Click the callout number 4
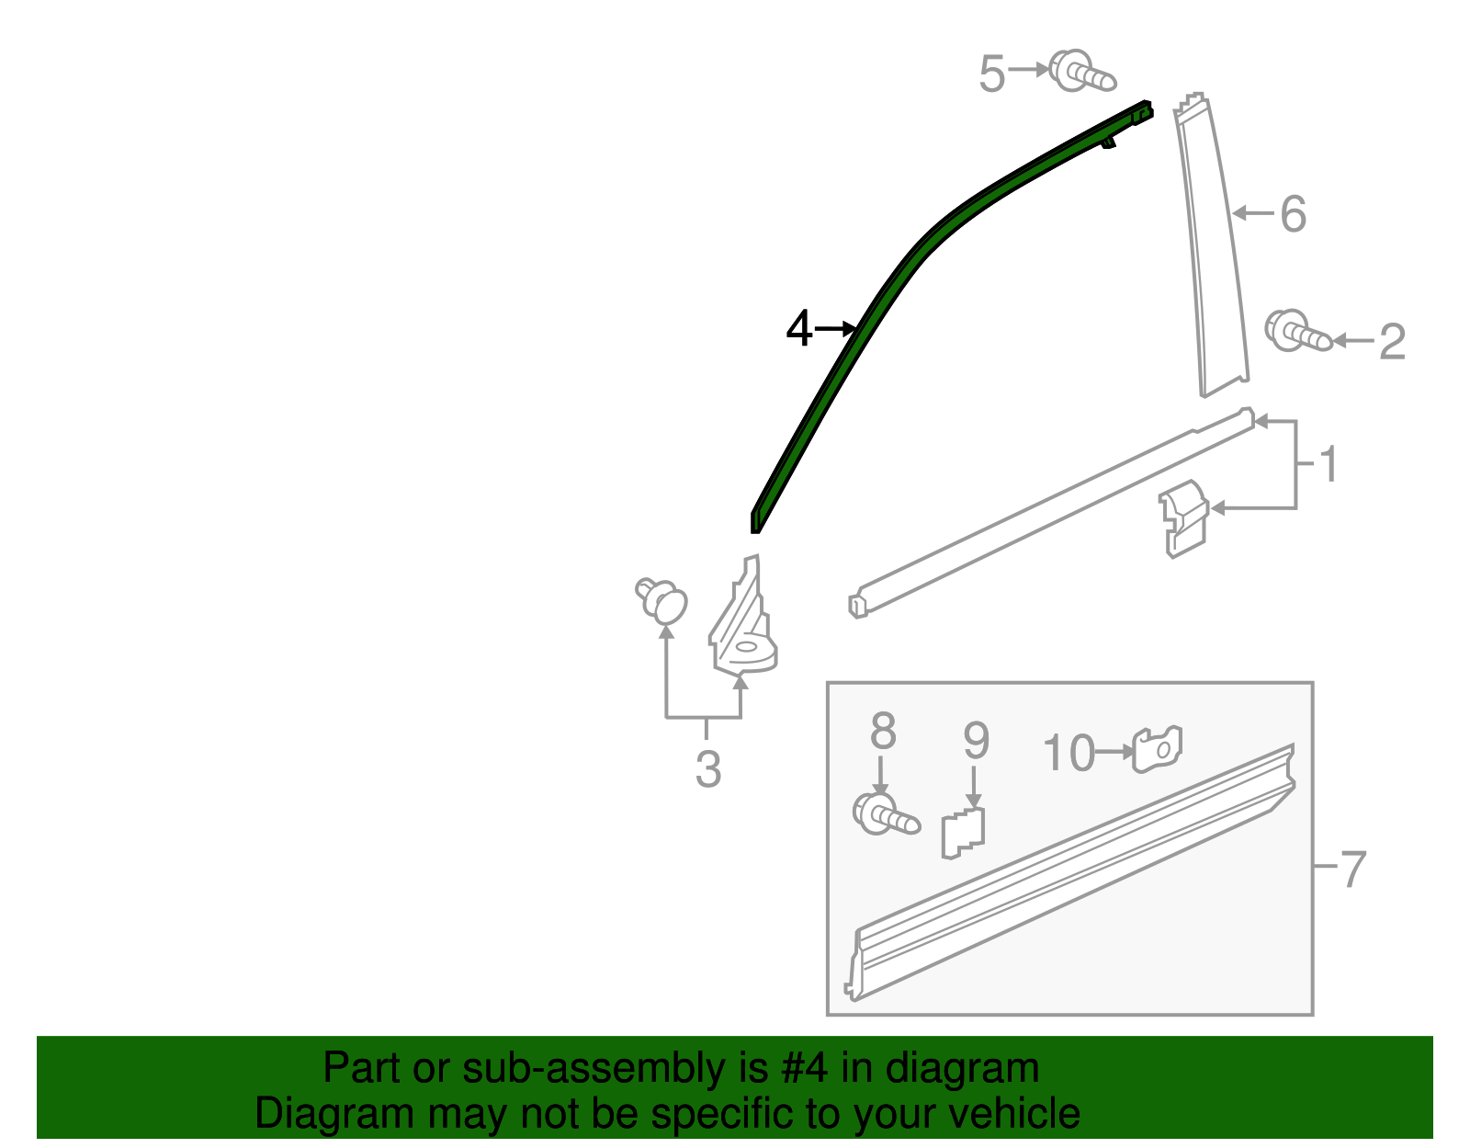799,329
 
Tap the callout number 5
991,74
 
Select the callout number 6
1293,214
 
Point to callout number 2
1392,342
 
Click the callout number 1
1329,465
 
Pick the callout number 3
707,769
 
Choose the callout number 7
1352,869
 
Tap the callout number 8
882,733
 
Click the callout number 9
976,740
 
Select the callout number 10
1069,754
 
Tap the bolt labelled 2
1295,333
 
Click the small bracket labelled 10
1158,749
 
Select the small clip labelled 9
962,832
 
